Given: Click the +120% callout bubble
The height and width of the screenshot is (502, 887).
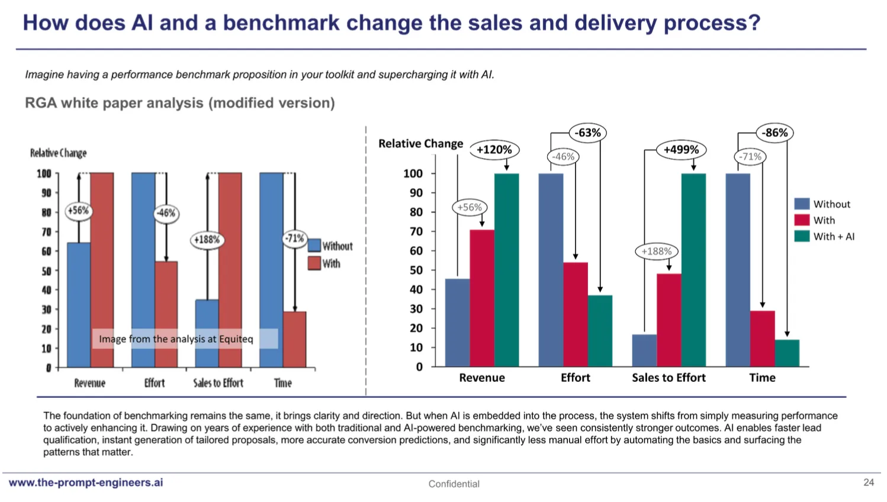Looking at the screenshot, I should click(x=494, y=150).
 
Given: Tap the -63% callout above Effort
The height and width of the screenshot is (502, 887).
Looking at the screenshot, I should click(x=587, y=133).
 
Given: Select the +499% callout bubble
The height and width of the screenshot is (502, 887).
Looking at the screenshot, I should click(x=681, y=150).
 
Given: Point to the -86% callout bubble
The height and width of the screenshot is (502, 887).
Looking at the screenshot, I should click(x=774, y=133).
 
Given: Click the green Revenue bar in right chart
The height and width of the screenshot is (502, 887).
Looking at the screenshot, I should click(x=506, y=270).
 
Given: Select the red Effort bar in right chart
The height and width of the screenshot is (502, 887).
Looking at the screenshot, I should click(x=576, y=314).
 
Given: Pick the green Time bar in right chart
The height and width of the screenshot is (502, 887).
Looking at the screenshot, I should click(x=787, y=353).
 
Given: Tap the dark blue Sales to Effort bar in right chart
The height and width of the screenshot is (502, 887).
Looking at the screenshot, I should click(x=644, y=350).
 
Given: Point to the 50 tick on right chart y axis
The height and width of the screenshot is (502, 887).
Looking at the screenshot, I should click(x=416, y=270).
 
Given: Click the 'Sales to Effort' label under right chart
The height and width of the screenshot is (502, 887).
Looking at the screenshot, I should click(x=669, y=378).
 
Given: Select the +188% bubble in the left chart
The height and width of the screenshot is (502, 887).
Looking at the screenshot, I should click(x=207, y=240).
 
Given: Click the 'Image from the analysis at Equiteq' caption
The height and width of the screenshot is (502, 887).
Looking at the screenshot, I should click(x=176, y=339).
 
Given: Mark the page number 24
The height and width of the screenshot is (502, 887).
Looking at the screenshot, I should click(x=869, y=482).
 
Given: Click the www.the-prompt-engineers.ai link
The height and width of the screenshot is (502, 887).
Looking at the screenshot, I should click(x=86, y=482).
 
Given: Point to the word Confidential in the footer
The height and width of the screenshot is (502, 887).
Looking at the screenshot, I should click(x=454, y=484).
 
